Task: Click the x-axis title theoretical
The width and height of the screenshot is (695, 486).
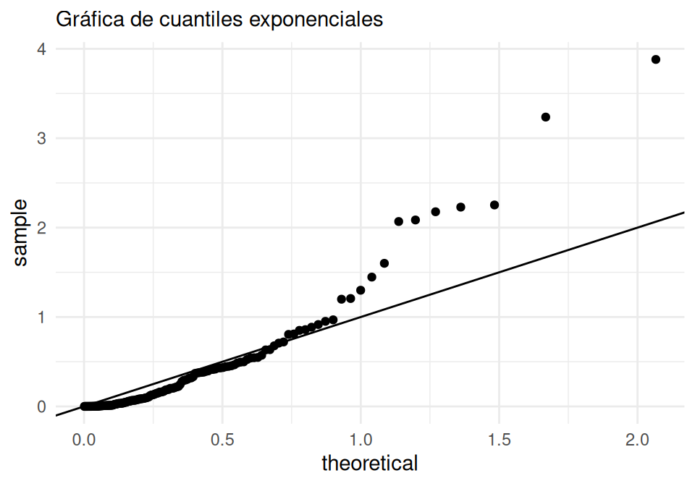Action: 369,463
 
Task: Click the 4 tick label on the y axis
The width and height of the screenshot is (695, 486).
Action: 42,49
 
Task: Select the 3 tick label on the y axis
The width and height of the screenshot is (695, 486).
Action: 42,138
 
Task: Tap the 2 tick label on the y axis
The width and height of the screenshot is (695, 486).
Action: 42,228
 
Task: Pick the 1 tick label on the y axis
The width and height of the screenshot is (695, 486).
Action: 42,317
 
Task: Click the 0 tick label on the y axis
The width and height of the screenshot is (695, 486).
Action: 42,406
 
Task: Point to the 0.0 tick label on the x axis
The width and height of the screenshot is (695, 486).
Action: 84,439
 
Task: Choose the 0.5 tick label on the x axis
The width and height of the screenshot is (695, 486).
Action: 222,439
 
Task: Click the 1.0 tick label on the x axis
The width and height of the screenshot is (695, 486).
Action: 361,439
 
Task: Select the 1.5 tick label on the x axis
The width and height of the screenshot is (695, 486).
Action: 499,439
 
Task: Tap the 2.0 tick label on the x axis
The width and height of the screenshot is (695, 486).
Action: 637,439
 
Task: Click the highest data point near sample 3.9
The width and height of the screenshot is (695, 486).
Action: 656,59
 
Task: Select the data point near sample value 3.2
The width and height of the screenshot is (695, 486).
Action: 546,117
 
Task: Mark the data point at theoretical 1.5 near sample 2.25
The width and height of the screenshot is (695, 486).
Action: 494,205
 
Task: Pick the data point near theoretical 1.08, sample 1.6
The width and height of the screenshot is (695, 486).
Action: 384,263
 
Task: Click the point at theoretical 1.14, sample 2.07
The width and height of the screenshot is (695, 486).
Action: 398,221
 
